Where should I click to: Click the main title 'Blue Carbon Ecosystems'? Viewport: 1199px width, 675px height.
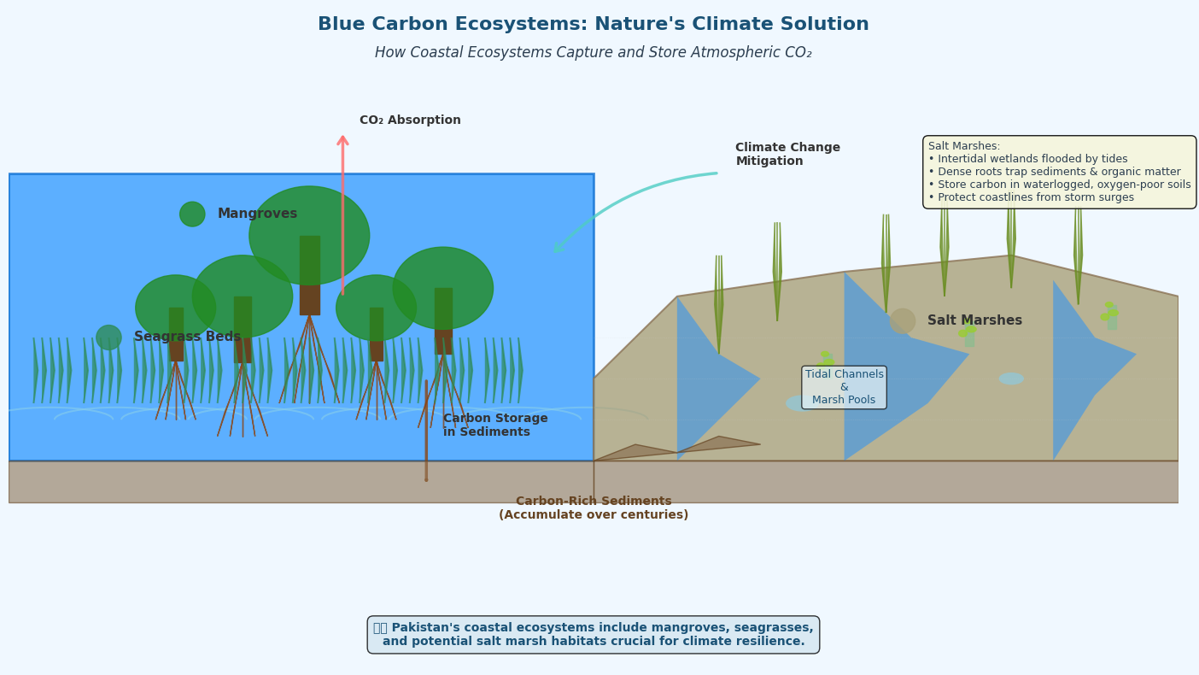coord(593,25)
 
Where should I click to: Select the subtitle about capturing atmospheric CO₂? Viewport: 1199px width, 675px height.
coord(593,53)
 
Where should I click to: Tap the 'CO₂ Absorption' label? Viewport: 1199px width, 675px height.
coord(410,120)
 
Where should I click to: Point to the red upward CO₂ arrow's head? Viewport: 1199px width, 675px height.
coord(342,140)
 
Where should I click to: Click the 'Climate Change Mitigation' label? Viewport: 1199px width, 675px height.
coord(787,155)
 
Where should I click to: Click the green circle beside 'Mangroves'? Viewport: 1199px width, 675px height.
coord(192,214)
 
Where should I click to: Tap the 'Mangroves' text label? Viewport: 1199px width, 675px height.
coord(257,214)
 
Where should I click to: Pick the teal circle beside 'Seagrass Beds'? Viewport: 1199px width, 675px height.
coord(108,337)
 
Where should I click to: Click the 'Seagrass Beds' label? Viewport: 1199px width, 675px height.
coord(187,337)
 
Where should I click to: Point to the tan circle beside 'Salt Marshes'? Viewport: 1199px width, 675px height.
coord(903,321)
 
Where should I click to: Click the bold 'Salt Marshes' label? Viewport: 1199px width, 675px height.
coord(974,321)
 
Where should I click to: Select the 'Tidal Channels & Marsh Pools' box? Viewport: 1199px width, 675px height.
coord(844,387)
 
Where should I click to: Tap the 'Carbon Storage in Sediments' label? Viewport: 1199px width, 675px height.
coord(495,426)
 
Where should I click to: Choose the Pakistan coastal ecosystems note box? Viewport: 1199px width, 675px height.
coord(593,635)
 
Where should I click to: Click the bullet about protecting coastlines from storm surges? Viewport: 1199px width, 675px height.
coord(1031,197)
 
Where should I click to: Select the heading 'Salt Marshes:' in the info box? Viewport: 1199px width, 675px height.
coord(964,146)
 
